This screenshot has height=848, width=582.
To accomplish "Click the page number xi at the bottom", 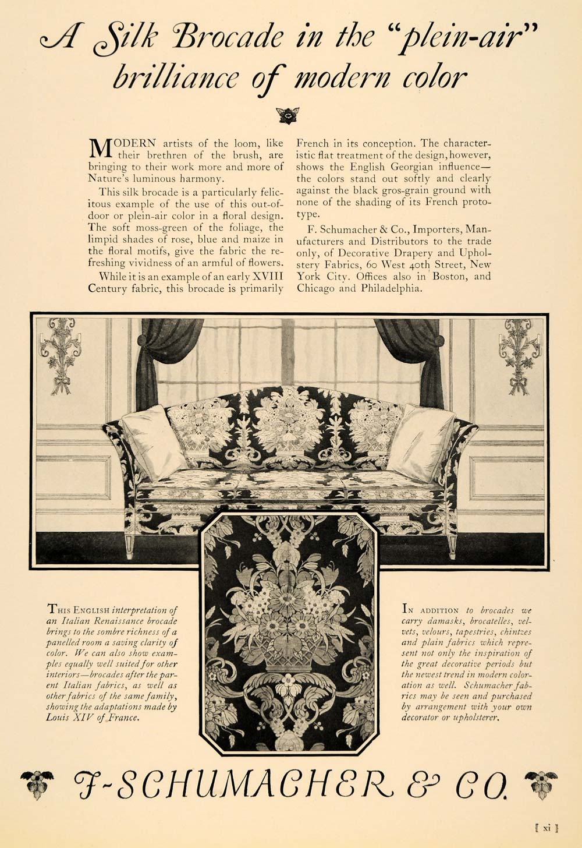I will (x=546, y=826).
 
